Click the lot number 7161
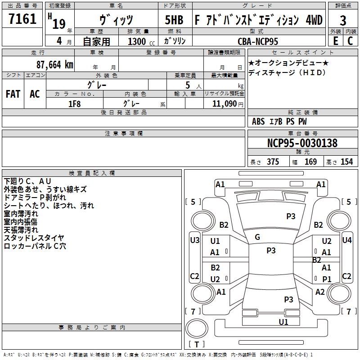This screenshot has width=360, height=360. click(22, 19)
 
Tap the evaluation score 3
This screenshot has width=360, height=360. click(343, 21)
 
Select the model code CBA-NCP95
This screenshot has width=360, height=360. click(258, 41)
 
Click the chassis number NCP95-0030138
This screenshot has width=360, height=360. click(302, 144)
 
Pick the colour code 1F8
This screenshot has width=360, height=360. click(74, 103)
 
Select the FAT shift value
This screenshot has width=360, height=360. click(13, 94)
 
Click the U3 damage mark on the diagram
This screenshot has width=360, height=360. click(195, 240)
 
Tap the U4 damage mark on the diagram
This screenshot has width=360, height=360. click(346, 240)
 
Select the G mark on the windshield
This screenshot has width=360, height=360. click(257, 237)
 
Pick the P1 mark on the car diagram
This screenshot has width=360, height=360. click(327, 279)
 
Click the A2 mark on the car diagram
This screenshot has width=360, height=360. click(320, 292)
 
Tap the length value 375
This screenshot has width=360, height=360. click(273, 162)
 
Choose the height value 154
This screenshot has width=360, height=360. click(346, 162)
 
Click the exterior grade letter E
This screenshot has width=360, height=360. click(335, 41)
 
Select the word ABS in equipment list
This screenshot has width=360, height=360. click(258, 121)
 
